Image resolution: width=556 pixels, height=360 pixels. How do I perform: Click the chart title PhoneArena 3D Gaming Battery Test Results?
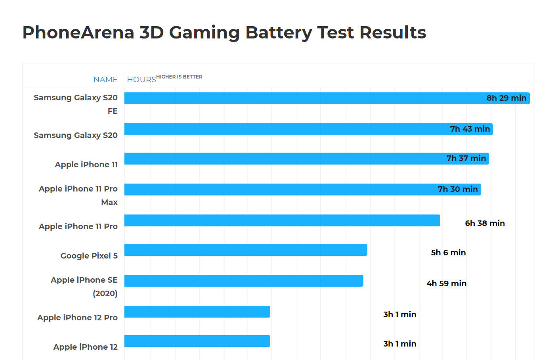pos(224,33)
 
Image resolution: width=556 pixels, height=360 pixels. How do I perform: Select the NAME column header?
pos(105,79)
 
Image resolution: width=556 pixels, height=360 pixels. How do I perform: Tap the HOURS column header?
pos(141,79)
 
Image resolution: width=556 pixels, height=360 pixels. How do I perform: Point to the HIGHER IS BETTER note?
pos(179,77)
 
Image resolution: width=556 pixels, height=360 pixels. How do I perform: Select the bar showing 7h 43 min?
pos(285,129)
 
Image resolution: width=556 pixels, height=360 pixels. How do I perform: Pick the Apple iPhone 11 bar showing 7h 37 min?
pos(281,159)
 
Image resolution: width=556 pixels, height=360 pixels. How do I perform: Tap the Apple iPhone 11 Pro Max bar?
pos(277,190)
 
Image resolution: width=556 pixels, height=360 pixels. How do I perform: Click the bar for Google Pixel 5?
pos(246,250)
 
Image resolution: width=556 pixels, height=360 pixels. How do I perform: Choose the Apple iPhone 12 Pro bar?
pos(197,312)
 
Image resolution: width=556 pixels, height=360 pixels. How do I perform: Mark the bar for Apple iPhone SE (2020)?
pos(244,281)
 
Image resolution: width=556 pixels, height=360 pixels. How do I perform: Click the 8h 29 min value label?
pos(506,98)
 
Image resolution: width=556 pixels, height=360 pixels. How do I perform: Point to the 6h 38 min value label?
pos(485,223)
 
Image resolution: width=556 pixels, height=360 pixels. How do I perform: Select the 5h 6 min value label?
pos(448,253)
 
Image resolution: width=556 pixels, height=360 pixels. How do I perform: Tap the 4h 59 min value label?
pos(446,283)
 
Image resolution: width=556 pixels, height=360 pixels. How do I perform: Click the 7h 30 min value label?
pos(458,190)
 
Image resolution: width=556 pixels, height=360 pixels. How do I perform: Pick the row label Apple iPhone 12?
pos(86,347)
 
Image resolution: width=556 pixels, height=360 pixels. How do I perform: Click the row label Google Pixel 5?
pos(89,256)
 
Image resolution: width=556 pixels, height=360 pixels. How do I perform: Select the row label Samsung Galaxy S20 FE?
pos(76,104)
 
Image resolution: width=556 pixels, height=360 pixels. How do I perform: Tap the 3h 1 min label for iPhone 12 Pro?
pos(399,314)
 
